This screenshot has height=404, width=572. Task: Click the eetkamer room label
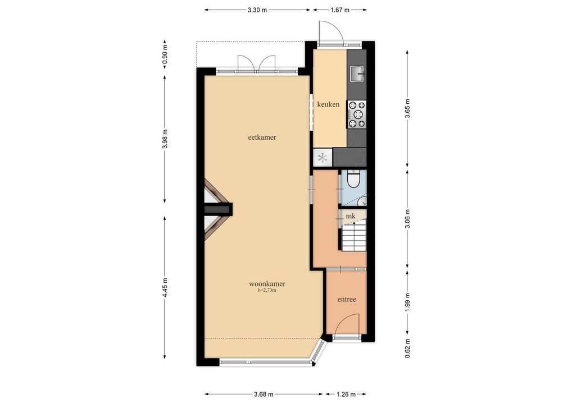pyautogui.click(x=262, y=137)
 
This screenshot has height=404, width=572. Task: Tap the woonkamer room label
pyautogui.click(x=267, y=284)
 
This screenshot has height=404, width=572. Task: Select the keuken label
pyautogui.click(x=328, y=104)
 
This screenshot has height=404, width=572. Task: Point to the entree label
pyautogui.click(x=347, y=300)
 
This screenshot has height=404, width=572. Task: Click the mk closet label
pyautogui.click(x=351, y=216)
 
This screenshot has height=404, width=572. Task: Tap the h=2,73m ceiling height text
pyautogui.click(x=267, y=290)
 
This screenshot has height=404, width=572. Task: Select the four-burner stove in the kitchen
pyautogui.click(x=356, y=114)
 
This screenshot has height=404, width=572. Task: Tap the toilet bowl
pyautogui.click(x=353, y=179)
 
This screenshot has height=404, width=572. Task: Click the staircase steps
pyautogui.click(x=354, y=237)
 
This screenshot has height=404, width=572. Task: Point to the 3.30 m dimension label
pyautogui.click(x=257, y=10)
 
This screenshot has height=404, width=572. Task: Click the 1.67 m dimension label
pyautogui.click(x=340, y=10)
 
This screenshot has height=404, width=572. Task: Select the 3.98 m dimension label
pyautogui.click(x=165, y=139)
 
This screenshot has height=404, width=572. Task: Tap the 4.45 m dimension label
pyautogui.click(x=165, y=288)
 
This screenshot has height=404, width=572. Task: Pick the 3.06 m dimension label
pyautogui.click(x=407, y=219)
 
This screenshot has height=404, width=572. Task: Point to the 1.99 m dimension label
pyautogui.click(x=407, y=302)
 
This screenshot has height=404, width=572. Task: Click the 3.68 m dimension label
pyautogui.click(x=264, y=394)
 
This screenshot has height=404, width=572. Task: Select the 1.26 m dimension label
pyautogui.click(x=346, y=394)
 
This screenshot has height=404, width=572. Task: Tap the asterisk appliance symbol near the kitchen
pyautogui.click(x=323, y=158)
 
